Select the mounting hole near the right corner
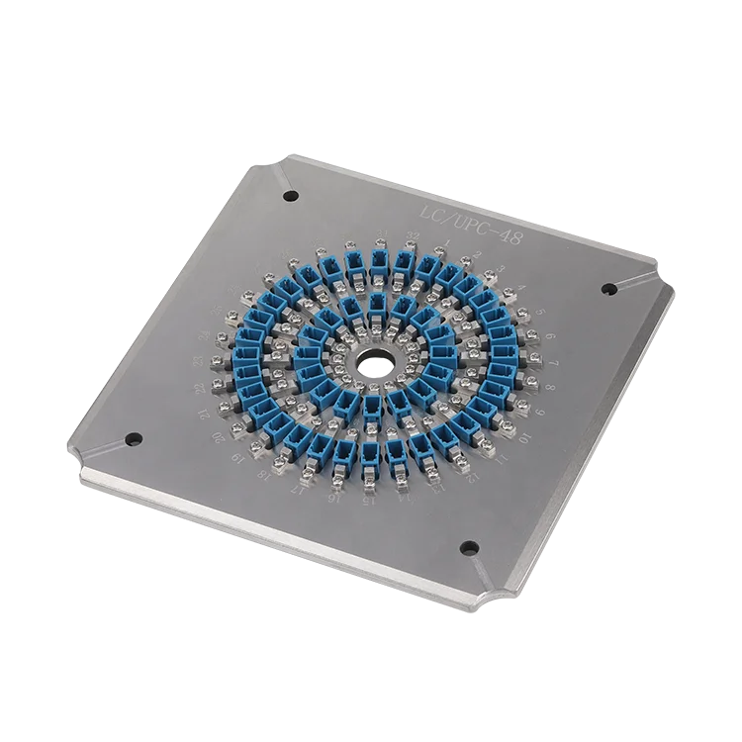[x=608, y=288]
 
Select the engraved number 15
[x=368, y=502]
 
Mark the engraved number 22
[x=201, y=388]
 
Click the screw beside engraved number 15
[x=369, y=483]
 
